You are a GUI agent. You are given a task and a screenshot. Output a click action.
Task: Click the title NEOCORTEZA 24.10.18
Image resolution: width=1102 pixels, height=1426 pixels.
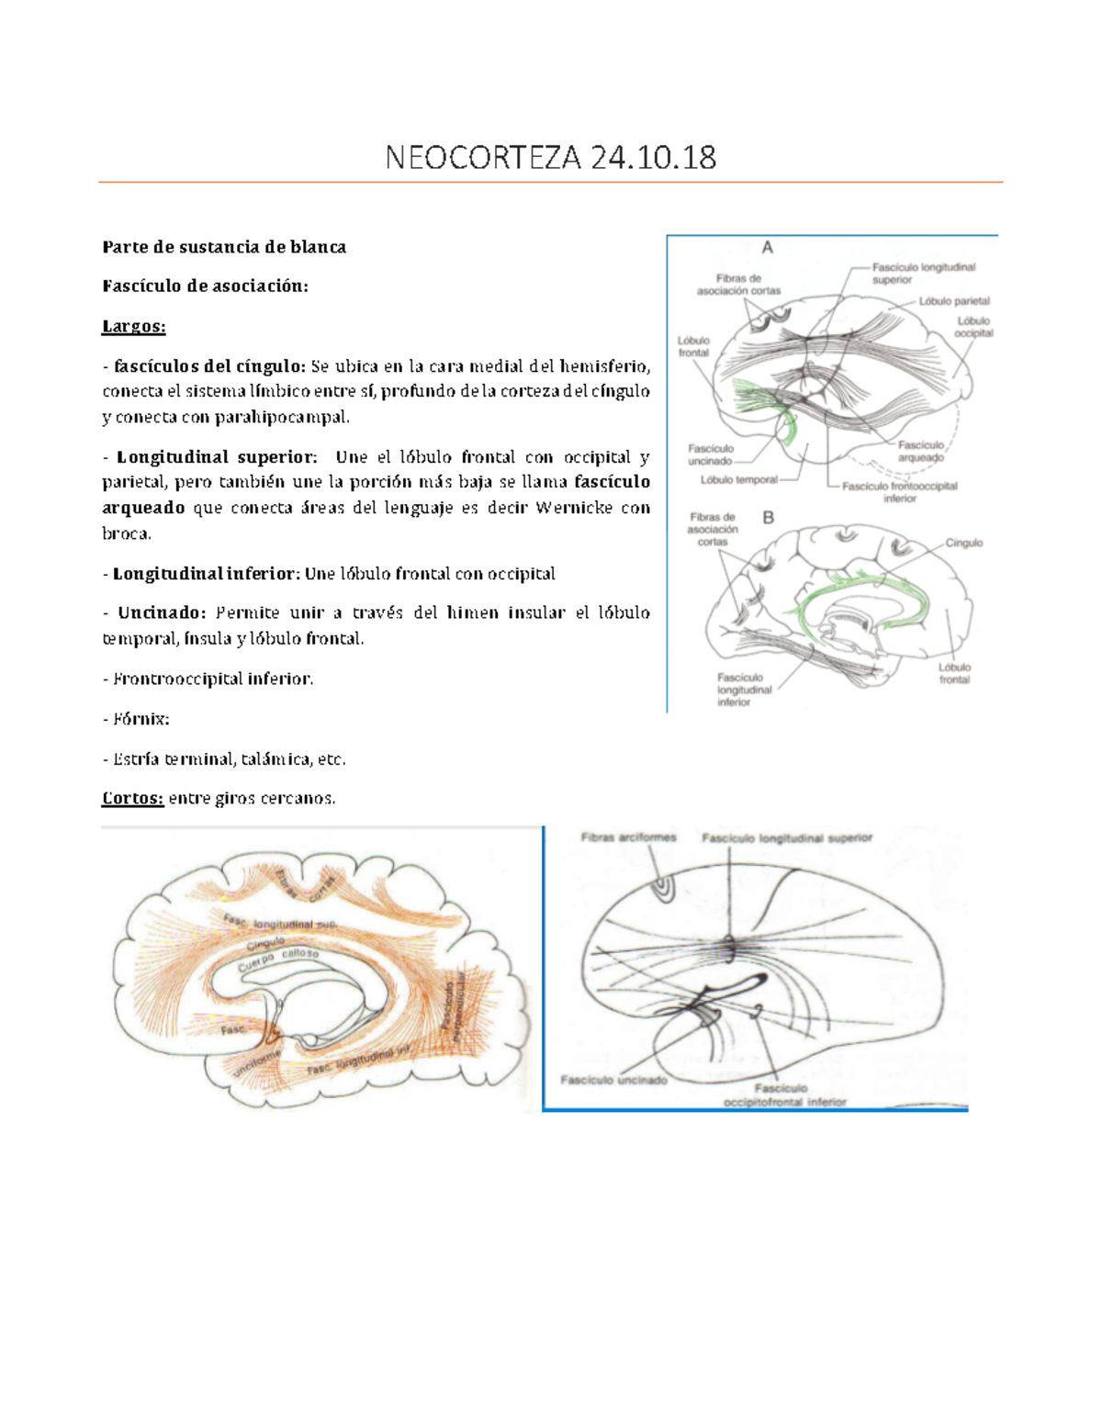[550, 158]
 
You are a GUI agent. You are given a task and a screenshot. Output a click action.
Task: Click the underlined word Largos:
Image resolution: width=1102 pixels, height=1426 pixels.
[134, 326]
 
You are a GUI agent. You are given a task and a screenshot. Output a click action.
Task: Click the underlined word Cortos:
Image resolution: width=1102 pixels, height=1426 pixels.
[133, 798]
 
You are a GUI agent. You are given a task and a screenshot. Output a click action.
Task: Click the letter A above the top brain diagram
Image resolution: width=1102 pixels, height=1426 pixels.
[768, 247]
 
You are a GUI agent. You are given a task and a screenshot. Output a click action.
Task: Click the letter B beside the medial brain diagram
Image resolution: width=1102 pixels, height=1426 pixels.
[769, 518]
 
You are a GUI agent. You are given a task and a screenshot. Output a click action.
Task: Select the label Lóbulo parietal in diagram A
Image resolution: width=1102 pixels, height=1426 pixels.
[954, 301]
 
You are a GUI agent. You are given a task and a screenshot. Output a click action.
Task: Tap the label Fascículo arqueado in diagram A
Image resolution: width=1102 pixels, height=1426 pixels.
[921, 451]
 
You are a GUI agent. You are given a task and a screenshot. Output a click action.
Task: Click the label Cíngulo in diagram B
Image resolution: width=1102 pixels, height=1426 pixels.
[964, 543]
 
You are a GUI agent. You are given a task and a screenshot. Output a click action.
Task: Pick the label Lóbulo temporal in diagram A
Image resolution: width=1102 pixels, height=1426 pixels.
[738, 479]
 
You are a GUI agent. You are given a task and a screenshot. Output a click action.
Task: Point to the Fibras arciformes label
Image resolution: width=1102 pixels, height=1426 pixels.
[628, 837]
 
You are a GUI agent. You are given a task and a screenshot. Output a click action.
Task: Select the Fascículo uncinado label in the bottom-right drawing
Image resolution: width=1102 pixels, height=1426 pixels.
[613, 1080]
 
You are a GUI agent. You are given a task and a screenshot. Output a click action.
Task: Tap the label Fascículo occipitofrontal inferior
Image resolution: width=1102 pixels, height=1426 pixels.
[783, 1095]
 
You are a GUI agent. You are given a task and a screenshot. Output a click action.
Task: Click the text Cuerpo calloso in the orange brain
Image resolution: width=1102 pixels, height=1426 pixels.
[277, 960]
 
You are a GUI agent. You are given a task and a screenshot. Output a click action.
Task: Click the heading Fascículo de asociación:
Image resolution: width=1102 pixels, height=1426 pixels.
[205, 286]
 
